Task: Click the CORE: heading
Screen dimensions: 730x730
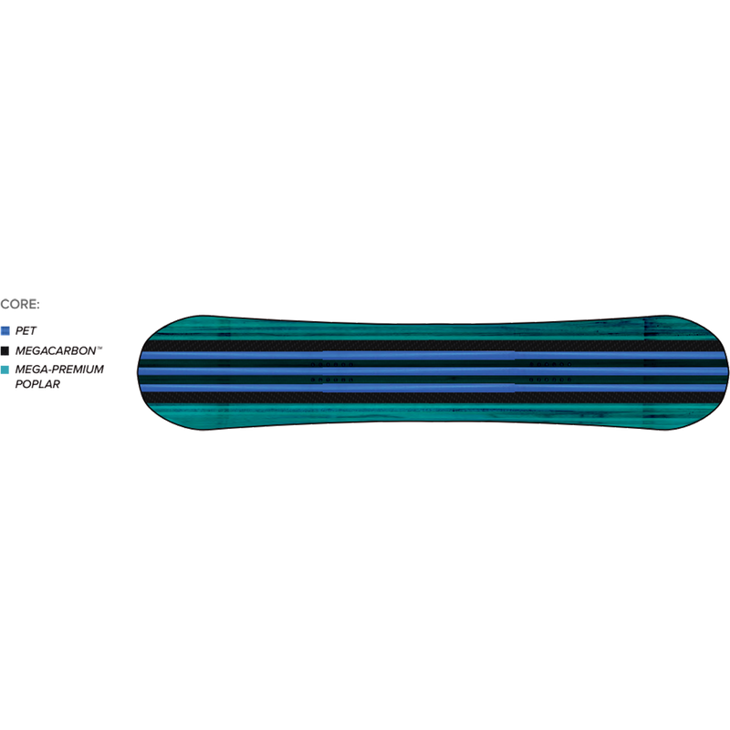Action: tap(20, 305)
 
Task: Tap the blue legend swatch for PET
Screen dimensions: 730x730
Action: tap(5, 331)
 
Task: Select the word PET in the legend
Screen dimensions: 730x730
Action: tap(26, 331)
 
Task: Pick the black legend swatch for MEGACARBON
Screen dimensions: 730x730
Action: tap(5, 350)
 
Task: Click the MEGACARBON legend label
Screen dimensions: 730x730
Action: tap(56, 350)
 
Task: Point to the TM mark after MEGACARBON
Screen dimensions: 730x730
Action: tap(99, 348)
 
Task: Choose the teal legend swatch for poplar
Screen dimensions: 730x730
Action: tap(5, 370)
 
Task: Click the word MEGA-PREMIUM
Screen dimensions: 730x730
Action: tap(59, 370)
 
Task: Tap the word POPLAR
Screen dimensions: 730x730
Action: tap(37, 384)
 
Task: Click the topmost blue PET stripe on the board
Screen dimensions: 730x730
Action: tap(433, 356)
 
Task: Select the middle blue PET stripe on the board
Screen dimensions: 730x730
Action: tap(433, 371)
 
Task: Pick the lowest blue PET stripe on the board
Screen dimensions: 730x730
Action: tap(433, 388)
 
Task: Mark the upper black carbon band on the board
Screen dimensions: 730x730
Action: tap(433, 346)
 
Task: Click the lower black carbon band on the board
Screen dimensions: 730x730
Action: tap(433, 398)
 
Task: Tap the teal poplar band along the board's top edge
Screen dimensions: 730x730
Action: tap(433, 329)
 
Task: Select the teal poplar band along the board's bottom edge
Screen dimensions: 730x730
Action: tap(433, 413)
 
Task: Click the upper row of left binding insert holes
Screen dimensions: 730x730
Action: tap(332, 364)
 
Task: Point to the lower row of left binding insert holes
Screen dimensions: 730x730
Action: tap(332, 380)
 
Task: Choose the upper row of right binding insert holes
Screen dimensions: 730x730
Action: tap(551, 364)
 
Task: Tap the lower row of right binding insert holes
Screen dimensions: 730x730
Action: tap(551, 380)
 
